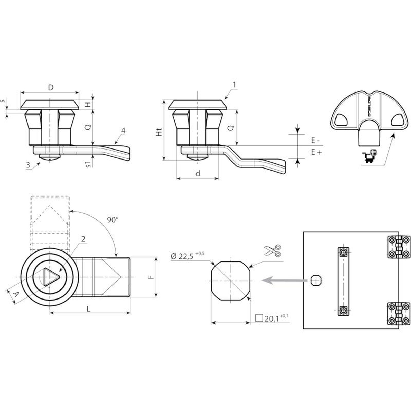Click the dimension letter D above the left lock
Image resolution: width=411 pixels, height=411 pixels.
[51, 87]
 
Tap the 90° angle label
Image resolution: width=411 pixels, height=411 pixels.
[113, 220]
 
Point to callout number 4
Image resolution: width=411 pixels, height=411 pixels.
[123, 131]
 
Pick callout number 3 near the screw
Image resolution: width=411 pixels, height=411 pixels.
[28, 165]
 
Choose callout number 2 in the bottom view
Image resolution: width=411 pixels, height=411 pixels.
[83, 239]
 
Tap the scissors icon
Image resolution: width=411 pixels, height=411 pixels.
[273, 250]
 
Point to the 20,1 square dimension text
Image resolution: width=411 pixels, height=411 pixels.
[272, 319]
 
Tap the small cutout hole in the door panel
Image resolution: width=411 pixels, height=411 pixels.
[316, 280]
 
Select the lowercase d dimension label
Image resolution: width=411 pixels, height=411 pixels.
[198, 174]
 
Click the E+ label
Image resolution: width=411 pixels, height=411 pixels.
[316, 152]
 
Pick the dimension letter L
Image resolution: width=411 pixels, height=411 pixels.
[89, 309]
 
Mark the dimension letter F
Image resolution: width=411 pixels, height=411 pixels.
[151, 277]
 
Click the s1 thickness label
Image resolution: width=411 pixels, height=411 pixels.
[88, 164]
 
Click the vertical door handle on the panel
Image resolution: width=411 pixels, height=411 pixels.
[343, 282]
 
